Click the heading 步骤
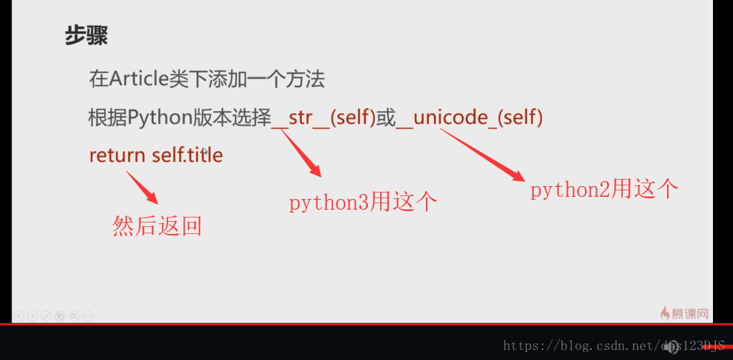click(87, 35)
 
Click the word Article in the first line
click(139, 79)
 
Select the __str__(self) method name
click(324, 118)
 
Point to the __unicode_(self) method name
click(470, 118)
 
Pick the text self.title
click(188, 155)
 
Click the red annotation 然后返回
click(157, 226)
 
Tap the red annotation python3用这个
click(363, 203)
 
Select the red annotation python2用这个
click(604, 190)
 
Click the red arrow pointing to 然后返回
click(142, 187)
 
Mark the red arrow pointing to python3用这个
click(301, 153)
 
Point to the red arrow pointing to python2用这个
click(482, 155)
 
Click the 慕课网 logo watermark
click(684, 313)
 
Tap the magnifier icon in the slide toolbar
click(74, 316)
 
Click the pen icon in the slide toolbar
click(47, 316)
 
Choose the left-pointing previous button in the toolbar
click(19, 316)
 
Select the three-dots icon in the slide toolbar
click(88, 316)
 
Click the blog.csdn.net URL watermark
click(613, 346)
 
